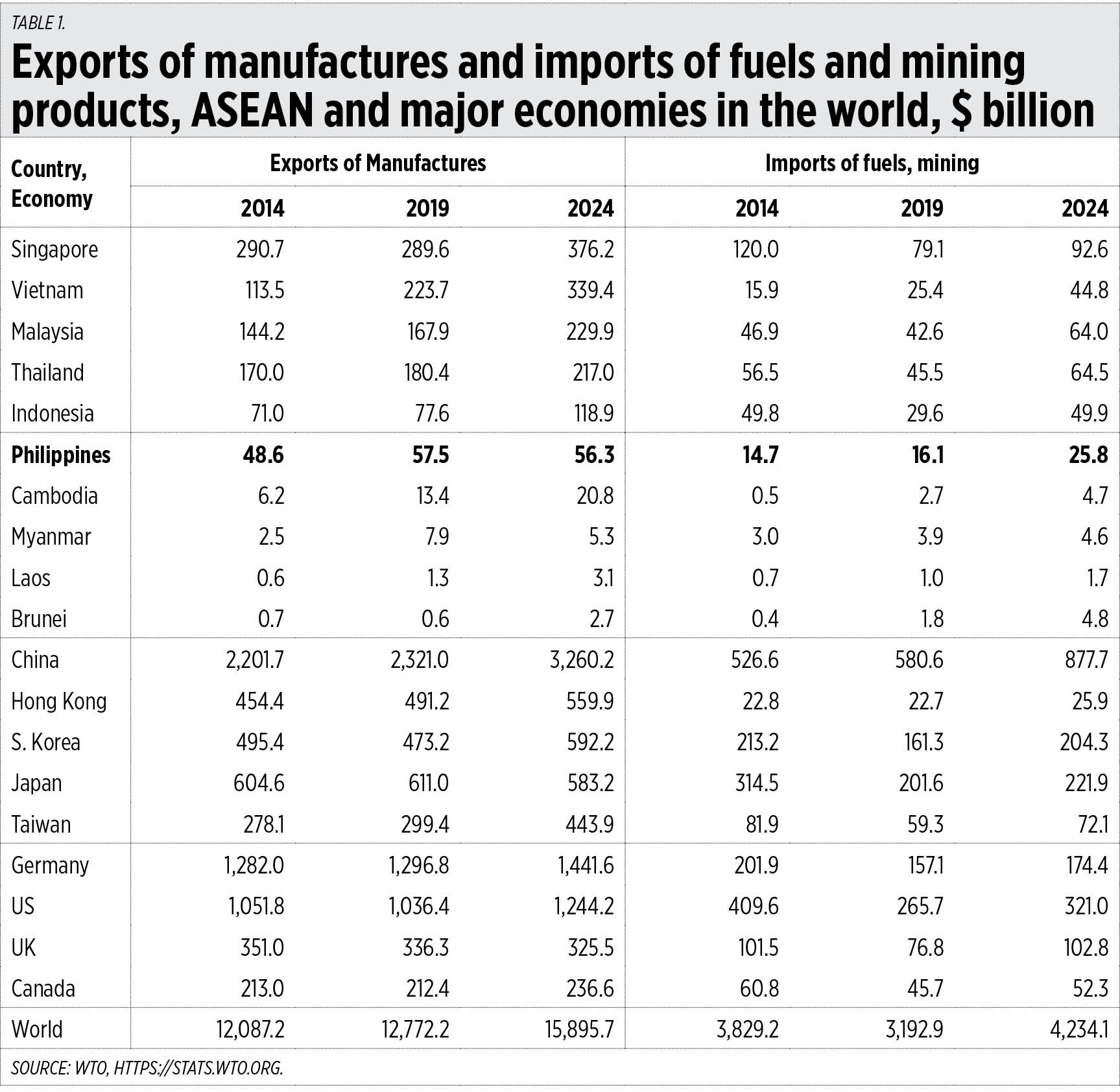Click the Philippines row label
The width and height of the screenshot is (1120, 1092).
(61, 455)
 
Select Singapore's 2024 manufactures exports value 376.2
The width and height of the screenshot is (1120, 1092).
(590, 250)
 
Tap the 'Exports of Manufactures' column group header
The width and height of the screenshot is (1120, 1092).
(377, 163)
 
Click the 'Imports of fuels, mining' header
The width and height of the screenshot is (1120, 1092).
(872, 163)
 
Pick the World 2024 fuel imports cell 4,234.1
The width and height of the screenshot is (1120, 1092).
(1078, 1030)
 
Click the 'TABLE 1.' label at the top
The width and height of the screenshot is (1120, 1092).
(38, 23)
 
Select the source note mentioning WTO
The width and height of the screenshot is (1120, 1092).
(147, 1068)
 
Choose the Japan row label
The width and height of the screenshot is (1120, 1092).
(36, 783)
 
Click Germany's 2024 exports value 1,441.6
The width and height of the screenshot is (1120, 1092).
(586, 866)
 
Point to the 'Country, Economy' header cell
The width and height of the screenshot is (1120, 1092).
(52, 184)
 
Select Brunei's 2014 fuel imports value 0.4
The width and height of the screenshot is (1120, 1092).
(765, 619)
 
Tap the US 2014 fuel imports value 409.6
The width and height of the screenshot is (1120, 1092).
(753, 907)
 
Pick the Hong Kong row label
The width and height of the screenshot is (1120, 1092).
(59, 702)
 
